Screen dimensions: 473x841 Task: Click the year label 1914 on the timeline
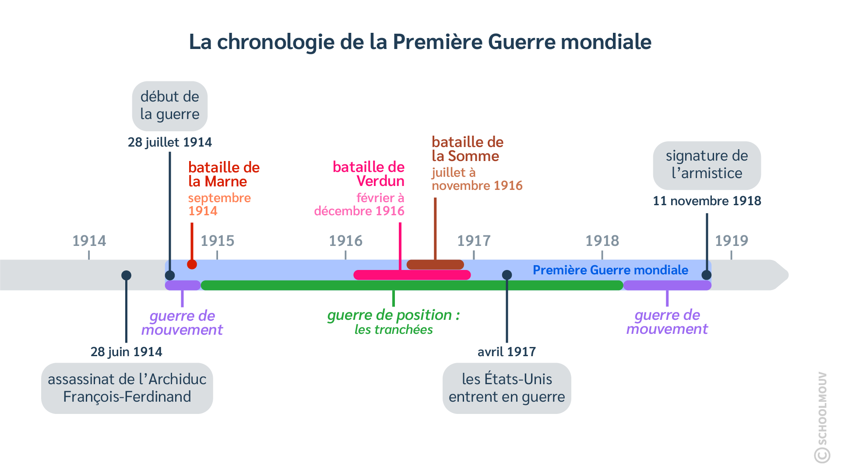pyautogui.click(x=89, y=241)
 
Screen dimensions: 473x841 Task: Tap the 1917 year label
pyautogui.click(x=474, y=241)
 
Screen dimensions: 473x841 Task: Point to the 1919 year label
pyautogui.click(x=731, y=241)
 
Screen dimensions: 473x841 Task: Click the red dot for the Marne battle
pyautogui.click(x=192, y=264)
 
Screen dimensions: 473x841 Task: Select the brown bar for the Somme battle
pyautogui.click(x=435, y=265)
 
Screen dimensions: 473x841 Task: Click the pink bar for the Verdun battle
pyautogui.click(x=412, y=275)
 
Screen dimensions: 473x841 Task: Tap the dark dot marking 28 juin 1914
pyautogui.click(x=126, y=275)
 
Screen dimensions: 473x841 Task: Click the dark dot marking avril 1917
pyautogui.click(x=507, y=275)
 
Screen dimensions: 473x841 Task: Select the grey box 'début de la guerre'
pyautogui.click(x=170, y=105)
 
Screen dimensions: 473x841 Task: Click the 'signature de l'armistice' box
pyautogui.click(x=707, y=165)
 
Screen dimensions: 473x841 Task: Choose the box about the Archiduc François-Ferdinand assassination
pyautogui.click(x=127, y=388)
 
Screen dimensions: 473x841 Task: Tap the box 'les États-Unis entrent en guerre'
pyautogui.click(x=507, y=388)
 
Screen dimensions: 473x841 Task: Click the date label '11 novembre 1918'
pyautogui.click(x=707, y=201)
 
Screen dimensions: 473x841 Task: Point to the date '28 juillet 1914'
pyautogui.click(x=170, y=142)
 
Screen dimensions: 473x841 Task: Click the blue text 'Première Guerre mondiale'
pyautogui.click(x=610, y=270)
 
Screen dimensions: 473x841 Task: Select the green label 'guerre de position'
pyautogui.click(x=393, y=315)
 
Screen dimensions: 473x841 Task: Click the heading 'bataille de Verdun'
pyautogui.click(x=369, y=174)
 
